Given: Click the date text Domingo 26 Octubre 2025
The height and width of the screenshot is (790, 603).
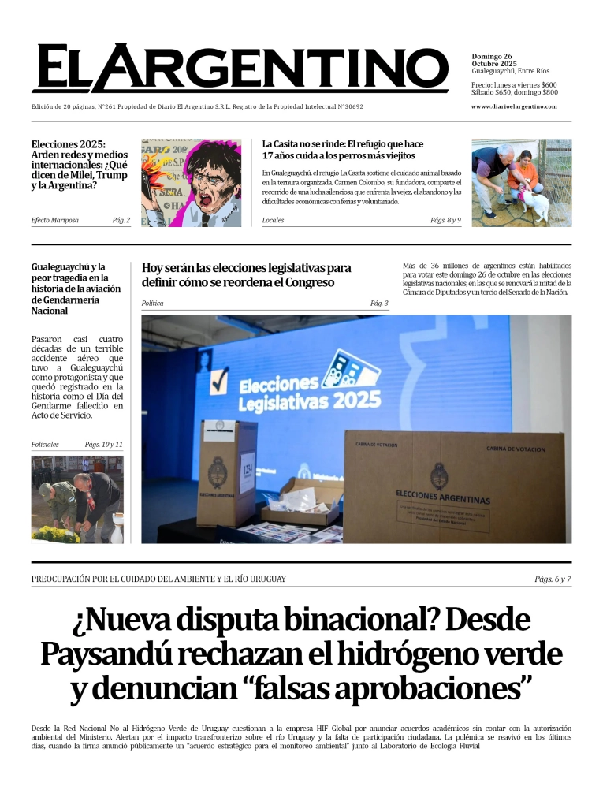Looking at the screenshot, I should [x=493, y=60].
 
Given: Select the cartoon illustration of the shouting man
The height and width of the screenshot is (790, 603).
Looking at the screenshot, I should [x=191, y=183].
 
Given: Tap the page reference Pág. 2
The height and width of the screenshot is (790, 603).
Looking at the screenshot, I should [x=121, y=220].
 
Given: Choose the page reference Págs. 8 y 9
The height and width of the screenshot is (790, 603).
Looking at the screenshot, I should [x=445, y=220].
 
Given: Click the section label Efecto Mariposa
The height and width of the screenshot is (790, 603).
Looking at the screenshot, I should [x=54, y=220].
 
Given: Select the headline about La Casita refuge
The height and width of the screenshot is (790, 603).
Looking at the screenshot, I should [x=343, y=150].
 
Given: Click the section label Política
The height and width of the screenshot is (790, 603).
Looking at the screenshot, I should [x=153, y=303].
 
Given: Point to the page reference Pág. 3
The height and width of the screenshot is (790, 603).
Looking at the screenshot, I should [x=378, y=303].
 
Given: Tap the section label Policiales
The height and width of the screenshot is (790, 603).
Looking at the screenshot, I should [x=45, y=445].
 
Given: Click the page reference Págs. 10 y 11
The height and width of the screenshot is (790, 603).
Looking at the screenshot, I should [x=103, y=445].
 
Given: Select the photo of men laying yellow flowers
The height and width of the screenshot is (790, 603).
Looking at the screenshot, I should [x=77, y=500].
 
